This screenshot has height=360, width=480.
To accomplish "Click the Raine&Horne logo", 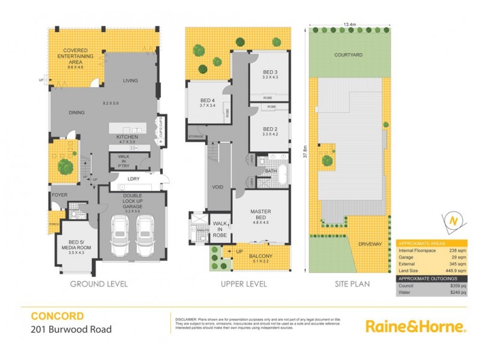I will pyautogui.click(x=415, y=326).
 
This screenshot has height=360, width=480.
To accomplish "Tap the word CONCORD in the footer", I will pyautogui.click(x=57, y=316).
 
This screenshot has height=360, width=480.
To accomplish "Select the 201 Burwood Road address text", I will pyautogui.click(x=71, y=329).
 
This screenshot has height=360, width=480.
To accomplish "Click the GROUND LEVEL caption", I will pyautogui.click(x=99, y=284).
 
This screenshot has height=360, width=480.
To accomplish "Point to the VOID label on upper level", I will pyautogui.click(x=217, y=187).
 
